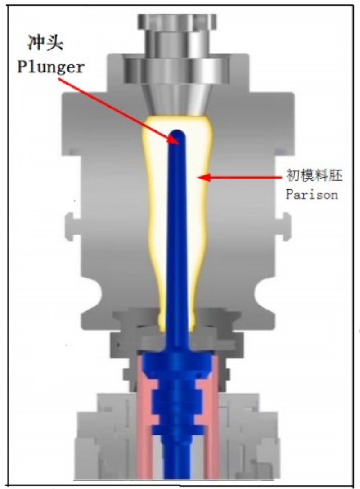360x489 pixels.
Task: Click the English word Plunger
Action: [x=51, y=67]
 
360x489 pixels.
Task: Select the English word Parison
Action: [x=312, y=195]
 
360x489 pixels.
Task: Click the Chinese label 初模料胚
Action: [x=314, y=175]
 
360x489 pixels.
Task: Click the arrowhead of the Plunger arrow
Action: [x=174, y=140]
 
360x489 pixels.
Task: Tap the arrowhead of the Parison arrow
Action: [x=203, y=177]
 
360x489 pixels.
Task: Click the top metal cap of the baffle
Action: [x=177, y=23]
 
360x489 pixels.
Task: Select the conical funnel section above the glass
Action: [x=177, y=99]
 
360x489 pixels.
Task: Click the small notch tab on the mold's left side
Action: [x=70, y=226]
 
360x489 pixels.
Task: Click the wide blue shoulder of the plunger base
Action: [x=177, y=365]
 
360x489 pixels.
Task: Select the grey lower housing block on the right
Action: [x=250, y=437]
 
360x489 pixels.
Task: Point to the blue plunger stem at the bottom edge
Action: [x=177, y=468]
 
